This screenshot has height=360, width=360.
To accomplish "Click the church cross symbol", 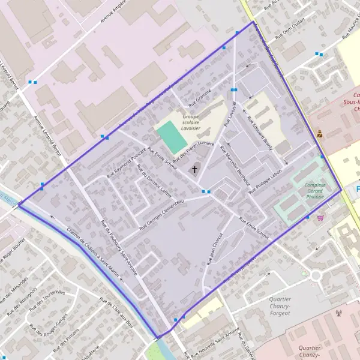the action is (194, 170).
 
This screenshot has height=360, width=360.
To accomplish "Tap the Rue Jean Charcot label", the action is (215, 248).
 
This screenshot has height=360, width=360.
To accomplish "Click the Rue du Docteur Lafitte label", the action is (154, 180).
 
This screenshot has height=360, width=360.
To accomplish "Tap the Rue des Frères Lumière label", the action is (194, 146).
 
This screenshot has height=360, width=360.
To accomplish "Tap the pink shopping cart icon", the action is (320, 217).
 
